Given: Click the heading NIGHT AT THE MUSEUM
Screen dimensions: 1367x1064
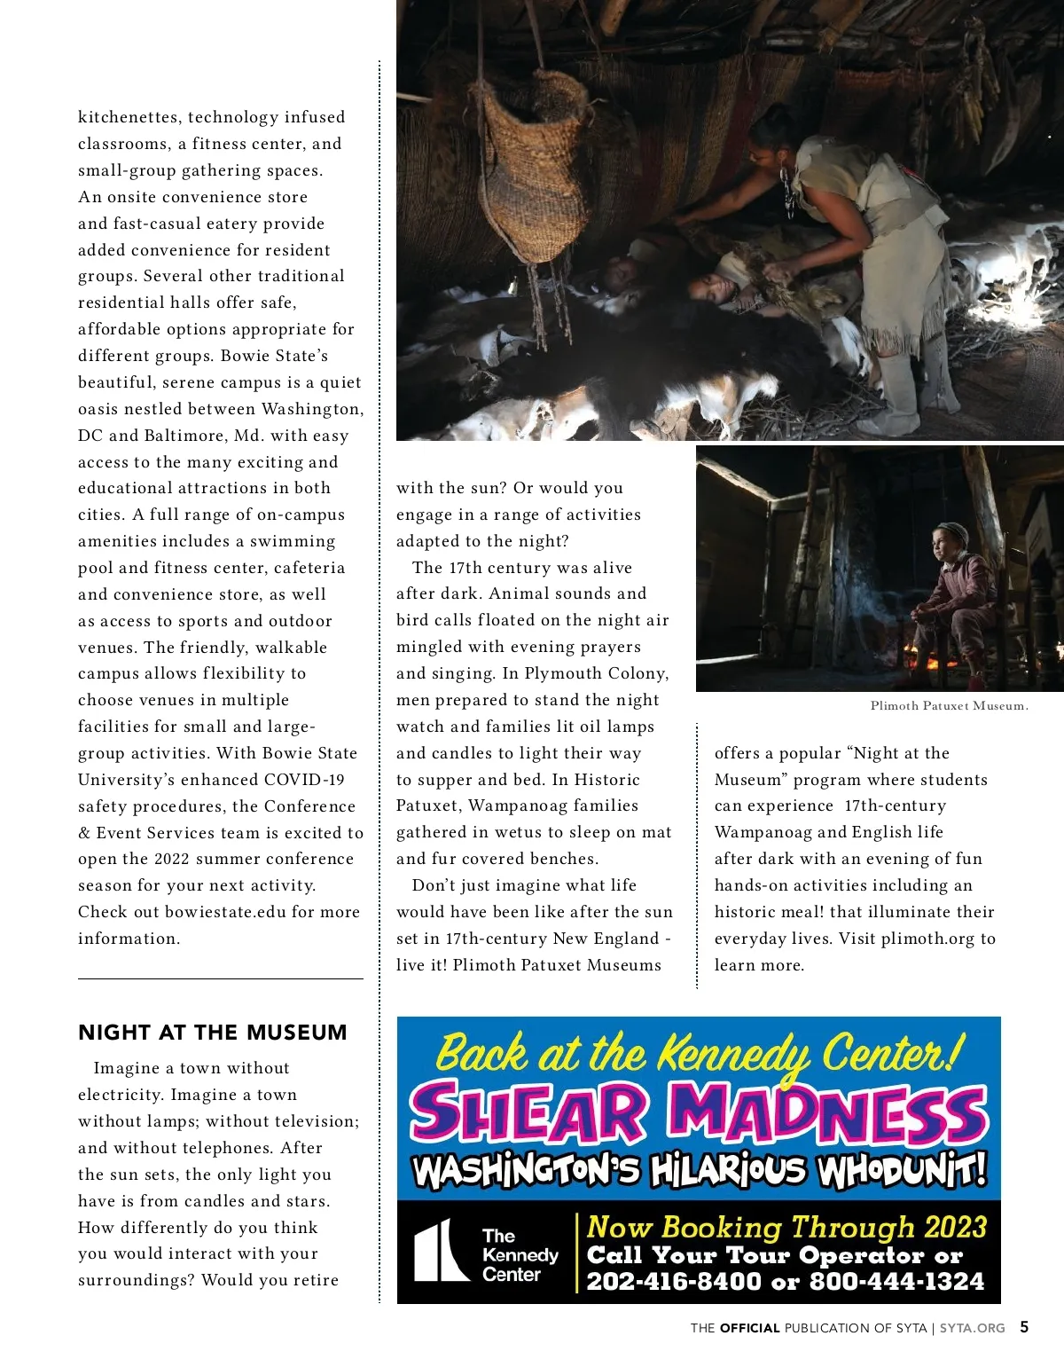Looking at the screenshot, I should click(212, 1033).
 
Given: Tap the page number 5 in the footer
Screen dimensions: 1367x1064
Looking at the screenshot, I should click(1024, 1327).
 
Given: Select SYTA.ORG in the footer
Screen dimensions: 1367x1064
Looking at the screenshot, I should click(973, 1328).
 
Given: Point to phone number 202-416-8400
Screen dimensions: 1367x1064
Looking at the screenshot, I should click(674, 1281).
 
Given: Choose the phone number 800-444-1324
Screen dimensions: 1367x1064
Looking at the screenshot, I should click(896, 1281).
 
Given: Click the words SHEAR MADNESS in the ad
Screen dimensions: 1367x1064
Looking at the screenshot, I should click(699, 1115).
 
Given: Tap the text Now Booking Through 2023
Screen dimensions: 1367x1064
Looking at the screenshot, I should click(786, 1227).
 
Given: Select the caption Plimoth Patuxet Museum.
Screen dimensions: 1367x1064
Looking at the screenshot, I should click(949, 706).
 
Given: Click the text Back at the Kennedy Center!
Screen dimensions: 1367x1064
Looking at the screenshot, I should click(699, 1054).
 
